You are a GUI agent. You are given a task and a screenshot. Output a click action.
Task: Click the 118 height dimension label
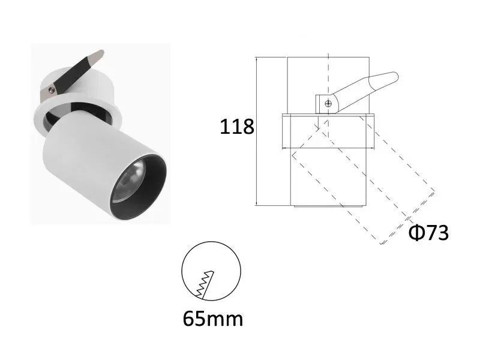238,127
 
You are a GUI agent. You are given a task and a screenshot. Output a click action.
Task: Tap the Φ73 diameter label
428,232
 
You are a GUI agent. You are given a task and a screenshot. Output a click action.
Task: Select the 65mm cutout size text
213,318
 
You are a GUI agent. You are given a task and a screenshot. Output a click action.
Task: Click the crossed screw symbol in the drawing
328,104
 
